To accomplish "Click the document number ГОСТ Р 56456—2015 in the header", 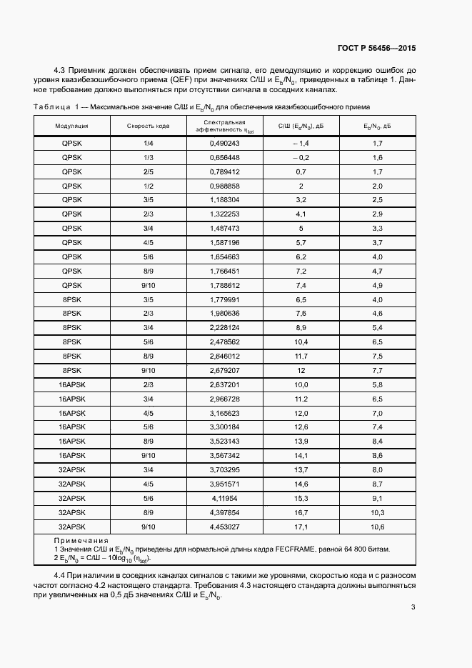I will (x=376, y=49).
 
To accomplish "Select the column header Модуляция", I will (x=71, y=126).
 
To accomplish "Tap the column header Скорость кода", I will (x=149, y=126).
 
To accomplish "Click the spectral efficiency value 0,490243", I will (x=224, y=144).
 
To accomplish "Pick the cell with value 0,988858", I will (x=224, y=186).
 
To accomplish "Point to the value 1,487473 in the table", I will (x=224, y=229).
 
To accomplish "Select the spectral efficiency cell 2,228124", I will (x=224, y=328).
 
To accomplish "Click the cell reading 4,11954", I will (x=224, y=498).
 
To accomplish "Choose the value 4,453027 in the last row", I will (x=224, y=527).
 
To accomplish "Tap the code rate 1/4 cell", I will (x=149, y=144).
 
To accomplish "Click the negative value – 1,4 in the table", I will (x=300, y=144).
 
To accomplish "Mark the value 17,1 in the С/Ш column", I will (x=301, y=527).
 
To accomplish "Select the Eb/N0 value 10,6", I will (x=378, y=527).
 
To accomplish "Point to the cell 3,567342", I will (x=224, y=456).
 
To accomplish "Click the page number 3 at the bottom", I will (x=413, y=608).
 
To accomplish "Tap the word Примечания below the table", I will (x=81, y=541).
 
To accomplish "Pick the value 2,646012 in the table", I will (x=224, y=356).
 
